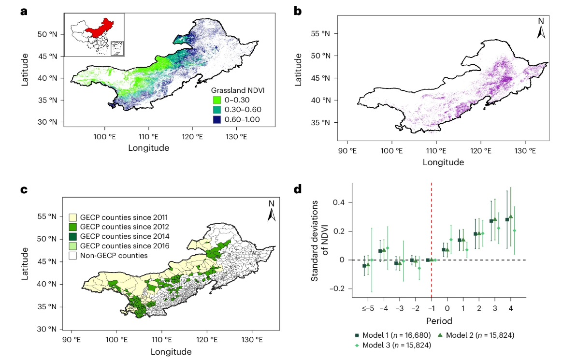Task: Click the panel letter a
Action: [24, 12]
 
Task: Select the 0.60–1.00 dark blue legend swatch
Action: [217, 119]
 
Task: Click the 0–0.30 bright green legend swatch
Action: [217, 100]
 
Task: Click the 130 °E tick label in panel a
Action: [236, 136]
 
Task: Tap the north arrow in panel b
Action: [541, 29]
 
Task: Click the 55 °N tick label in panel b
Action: [320, 34]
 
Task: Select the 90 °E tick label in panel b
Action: [347, 151]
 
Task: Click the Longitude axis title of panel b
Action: [443, 162]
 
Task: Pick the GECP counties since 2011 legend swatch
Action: [73, 217]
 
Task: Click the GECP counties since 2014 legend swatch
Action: [73, 236]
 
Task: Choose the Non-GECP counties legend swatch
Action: [73, 256]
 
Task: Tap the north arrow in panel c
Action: [272, 211]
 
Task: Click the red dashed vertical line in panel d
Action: [431, 240]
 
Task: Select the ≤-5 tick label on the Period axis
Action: [368, 308]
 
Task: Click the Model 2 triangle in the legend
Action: [440, 335]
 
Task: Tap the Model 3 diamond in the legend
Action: [357, 346]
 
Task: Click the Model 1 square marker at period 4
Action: [507, 220]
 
